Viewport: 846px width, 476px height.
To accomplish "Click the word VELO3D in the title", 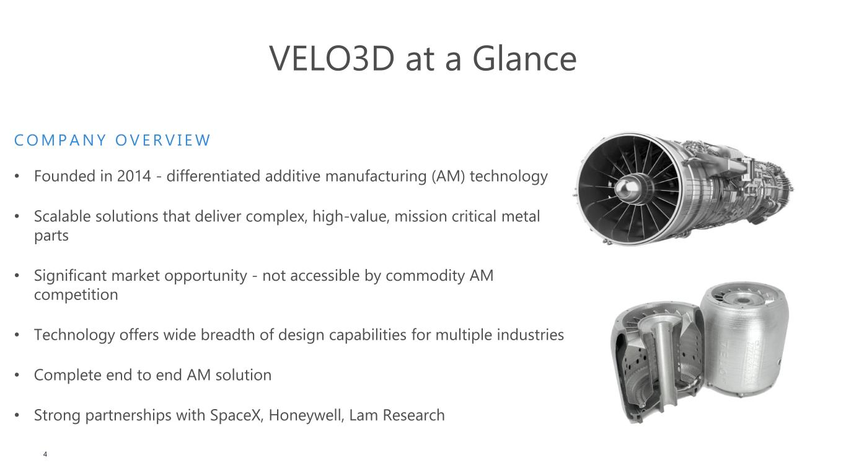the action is (x=332, y=58).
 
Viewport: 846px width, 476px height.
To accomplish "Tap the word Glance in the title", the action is (x=524, y=58).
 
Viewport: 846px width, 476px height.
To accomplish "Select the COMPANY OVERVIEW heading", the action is (x=112, y=140).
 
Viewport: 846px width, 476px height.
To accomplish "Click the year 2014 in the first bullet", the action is (x=134, y=176).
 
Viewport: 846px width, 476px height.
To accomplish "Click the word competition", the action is (x=76, y=295).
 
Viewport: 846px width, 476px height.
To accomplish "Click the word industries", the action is (x=531, y=335).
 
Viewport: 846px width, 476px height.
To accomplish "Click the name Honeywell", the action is (x=306, y=416).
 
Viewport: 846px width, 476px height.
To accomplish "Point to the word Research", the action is (x=413, y=415).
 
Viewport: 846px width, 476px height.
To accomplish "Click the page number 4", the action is (x=45, y=454).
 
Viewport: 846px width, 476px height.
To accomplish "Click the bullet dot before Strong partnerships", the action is (x=17, y=415).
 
